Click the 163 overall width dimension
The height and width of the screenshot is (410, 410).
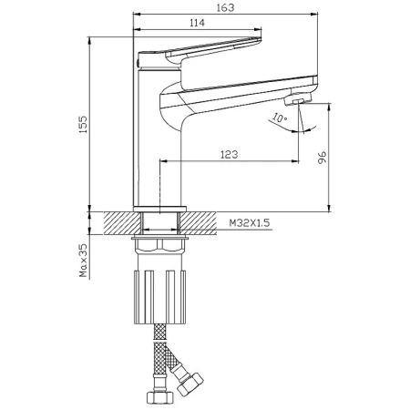[x=226, y=7]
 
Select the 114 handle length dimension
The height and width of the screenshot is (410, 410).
[x=198, y=23]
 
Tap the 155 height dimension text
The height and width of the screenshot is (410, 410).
[x=83, y=124]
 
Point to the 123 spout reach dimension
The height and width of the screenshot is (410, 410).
[x=230, y=155]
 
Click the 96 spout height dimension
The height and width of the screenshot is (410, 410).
[x=322, y=157]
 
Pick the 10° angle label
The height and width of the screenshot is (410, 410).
[x=279, y=118]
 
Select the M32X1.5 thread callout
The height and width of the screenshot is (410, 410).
[x=250, y=223]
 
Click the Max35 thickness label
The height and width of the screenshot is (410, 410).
[x=83, y=261]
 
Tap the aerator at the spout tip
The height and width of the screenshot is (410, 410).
[x=298, y=99]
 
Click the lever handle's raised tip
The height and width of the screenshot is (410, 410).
[x=257, y=39]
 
